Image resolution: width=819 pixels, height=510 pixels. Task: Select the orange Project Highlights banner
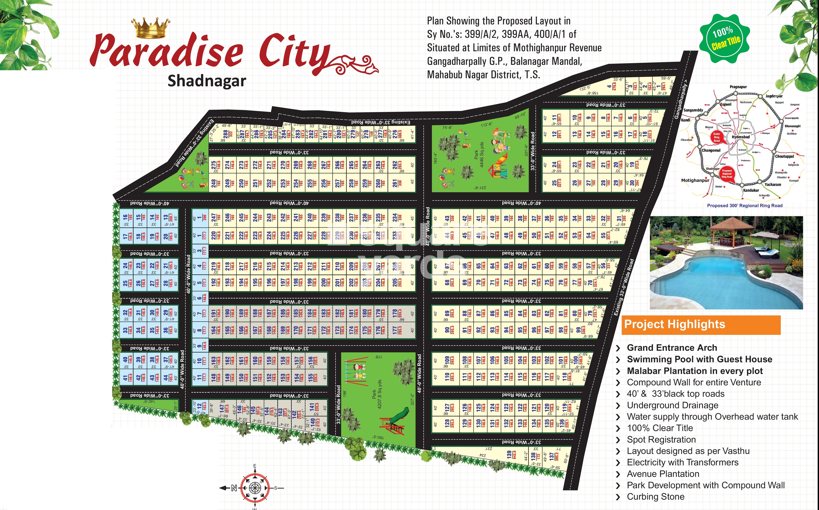point(701,324)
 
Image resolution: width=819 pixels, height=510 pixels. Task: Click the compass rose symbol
point(255,488)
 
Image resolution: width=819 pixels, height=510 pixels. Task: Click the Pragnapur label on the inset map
point(738,87)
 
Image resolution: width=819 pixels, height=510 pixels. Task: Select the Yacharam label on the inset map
point(773,185)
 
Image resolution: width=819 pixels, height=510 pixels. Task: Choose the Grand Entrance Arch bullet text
point(672,348)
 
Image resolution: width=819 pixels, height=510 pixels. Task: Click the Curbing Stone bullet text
point(656,497)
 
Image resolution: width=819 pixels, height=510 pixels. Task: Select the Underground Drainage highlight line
point(672,405)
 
